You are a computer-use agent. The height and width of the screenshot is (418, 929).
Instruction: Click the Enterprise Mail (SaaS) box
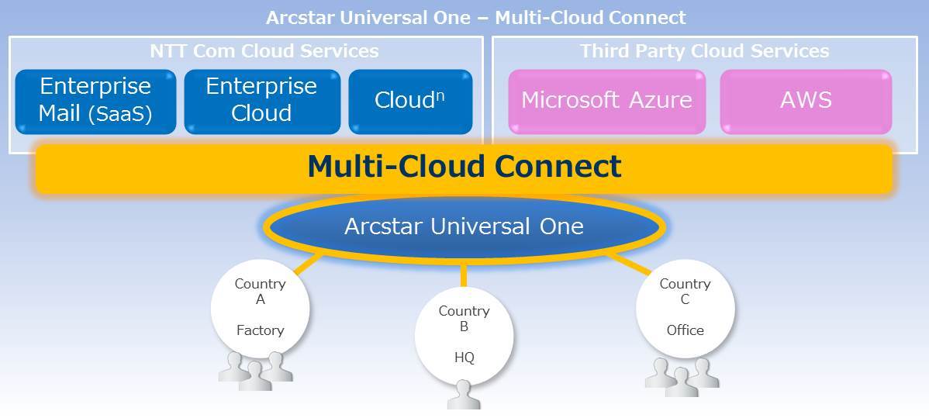[x=95, y=102]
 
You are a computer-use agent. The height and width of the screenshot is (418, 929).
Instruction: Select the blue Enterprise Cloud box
[x=262, y=102]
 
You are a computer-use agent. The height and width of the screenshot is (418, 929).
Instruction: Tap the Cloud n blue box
[x=410, y=102]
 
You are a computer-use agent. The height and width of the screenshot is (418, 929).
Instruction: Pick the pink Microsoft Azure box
[x=606, y=102]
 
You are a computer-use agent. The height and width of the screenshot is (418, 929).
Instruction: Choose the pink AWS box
[x=806, y=102]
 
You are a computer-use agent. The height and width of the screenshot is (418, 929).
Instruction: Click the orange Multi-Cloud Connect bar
[x=464, y=168]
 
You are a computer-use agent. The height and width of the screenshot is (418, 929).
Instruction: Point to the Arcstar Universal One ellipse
[x=464, y=226]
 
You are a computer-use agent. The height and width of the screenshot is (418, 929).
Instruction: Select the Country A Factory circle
[x=260, y=309]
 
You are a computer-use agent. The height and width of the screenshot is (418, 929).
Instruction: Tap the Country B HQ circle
[x=464, y=336]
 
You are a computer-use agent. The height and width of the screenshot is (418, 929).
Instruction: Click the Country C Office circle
[x=685, y=309]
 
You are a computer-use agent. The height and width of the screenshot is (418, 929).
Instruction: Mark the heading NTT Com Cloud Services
[x=264, y=51]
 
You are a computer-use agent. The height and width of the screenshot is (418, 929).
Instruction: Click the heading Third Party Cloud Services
[x=704, y=51]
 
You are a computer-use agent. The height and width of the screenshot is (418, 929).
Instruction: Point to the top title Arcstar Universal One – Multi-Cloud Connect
[x=476, y=17]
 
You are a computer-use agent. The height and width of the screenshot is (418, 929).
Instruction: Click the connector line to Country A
[x=308, y=264]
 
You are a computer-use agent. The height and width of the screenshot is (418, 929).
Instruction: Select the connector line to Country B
[x=464, y=275]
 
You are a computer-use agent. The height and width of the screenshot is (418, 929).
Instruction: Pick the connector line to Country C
[x=630, y=264]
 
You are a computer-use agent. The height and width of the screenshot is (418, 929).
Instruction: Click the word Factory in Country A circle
[x=260, y=330]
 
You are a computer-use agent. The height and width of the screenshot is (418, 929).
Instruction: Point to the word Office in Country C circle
[x=685, y=330]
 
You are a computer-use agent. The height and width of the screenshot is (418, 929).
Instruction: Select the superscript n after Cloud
[x=440, y=95]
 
